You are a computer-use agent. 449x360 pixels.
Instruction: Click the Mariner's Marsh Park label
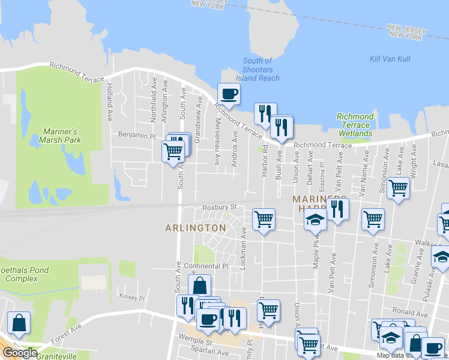pyautogui.click(x=62, y=136)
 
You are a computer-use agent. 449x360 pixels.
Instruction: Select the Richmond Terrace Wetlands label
pyautogui.click(x=355, y=125)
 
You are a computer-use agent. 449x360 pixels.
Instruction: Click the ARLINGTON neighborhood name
pyautogui.click(x=196, y=228)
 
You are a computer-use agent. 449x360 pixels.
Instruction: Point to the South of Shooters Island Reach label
pyautogui.click(x=258, y=69)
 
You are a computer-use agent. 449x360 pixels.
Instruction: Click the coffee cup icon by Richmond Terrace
pyautogui.click(x=229, y=94)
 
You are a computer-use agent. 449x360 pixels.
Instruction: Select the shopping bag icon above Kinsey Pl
pyautogui.click(x=200, y=286)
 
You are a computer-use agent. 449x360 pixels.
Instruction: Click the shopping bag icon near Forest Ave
pyautogui.click(x=19, y=323)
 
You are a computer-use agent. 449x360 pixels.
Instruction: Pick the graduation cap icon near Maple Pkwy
pyautogui.click(x=315, y=220)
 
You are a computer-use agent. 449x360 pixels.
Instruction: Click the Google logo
pyautogui.click(x=20, y=353)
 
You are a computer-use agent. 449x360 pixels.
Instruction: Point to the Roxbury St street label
pyautogui.click(x=220, y=207)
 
